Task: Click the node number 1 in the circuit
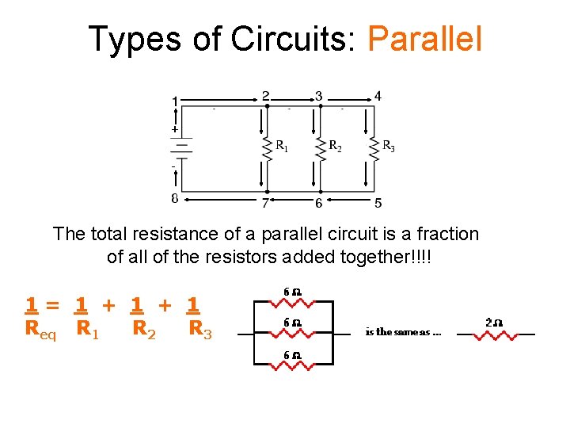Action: click(x=175, y=101)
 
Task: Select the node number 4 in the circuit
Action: click(x=378, y=97)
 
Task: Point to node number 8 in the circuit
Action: click(x=175, y=199)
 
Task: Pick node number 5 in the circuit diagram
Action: click(x=378, y=203)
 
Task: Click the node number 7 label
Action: click(x=267, y=203)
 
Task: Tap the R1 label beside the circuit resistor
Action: click(x=282, y=146)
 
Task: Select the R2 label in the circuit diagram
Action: click(x=336, y=146)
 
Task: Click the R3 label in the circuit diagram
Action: click(x=388, y=146)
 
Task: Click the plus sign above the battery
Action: click(x=175, y=128)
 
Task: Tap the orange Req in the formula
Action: click(x=40, y=329)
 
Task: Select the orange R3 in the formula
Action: click(x=200, y=329)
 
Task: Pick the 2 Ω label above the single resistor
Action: click(x=493, y=323)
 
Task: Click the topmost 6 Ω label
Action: click(x=292, y=292)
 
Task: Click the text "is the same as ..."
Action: click(x=403, y=332)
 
